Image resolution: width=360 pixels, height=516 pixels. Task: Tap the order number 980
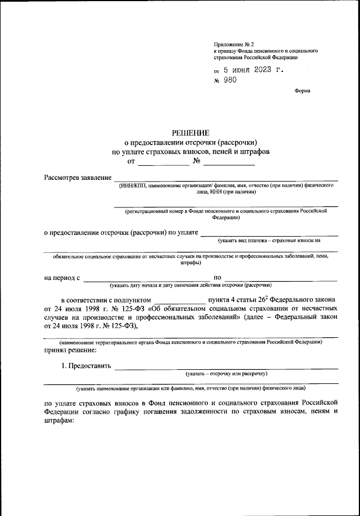click(229, 80)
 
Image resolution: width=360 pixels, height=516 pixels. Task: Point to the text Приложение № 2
click(234, 44)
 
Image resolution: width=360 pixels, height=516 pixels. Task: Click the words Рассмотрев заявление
click(78, 178)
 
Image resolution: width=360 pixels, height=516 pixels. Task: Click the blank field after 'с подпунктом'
click(179, 300)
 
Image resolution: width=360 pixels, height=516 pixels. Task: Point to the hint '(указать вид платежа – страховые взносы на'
click(269, 241)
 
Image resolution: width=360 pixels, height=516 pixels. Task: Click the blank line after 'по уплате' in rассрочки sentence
click(269, 233)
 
